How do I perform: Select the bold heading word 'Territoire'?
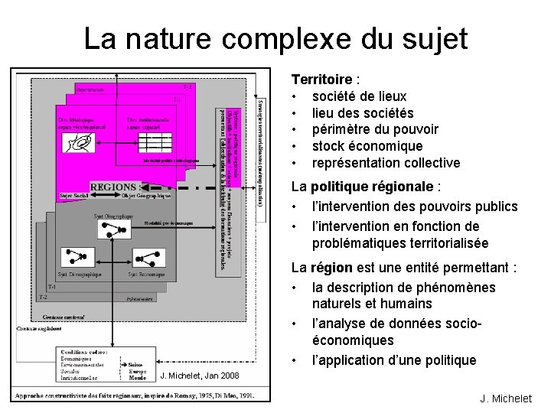pyautogui.click(x=321, y=80)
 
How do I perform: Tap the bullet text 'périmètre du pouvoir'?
pyautogui.click(x=375, y=129)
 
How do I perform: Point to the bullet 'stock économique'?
pyautogui.click(x=367, y=146)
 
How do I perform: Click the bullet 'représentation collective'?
pyautogui.click(x=386, y=163)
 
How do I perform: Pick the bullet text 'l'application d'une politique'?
pyautogui.click(x=393, y=359)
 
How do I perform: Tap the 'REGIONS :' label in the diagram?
pyautogui.click(x=116, y=187)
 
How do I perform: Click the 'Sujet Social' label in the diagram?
pyautogui.click(x=75, y=196)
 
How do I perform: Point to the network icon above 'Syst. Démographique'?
pyautogui.click(x=77, y=256)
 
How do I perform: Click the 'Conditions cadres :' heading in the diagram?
pyautogui.click(x=83, y=353)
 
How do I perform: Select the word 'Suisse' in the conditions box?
pyautogui.click(x=136, y=366)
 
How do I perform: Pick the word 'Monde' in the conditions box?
pyautogui.click(x=137, y=378)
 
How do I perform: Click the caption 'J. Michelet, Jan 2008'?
pyautogui.click(x=200, y=376)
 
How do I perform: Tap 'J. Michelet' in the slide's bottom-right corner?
pyautogui.click(x=506, y=398)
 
